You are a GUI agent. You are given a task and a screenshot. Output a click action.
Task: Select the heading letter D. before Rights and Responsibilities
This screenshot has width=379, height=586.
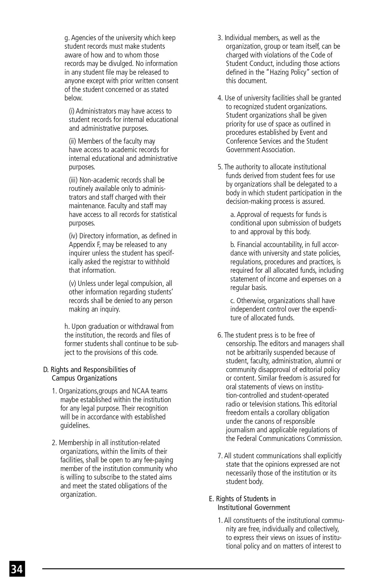click(x=46, y=370)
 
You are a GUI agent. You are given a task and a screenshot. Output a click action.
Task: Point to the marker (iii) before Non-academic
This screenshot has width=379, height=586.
click(x=73, y=180)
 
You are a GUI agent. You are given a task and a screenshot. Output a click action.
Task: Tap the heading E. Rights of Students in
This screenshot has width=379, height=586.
click(x=242, y=499)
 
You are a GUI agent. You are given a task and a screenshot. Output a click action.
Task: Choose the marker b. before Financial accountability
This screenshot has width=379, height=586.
click(x=233, y=245)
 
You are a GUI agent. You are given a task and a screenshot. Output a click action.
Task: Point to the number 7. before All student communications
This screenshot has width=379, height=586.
click(x=220, y=456)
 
